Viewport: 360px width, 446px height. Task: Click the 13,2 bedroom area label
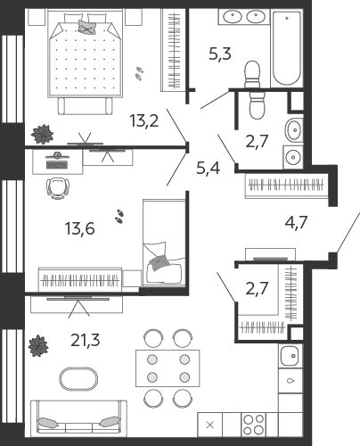click(x=144, y=121)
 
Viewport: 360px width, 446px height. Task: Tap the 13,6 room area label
click(x=79, y=228)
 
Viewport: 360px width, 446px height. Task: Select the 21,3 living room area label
click(x=86, y=340)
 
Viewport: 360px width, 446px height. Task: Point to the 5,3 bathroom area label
click(x=220, y=54)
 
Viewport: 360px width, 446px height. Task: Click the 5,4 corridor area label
click(x=209, y=169)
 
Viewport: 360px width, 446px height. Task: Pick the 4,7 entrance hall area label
click(x=296, y=222)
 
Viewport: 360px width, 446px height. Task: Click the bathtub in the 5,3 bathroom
click(x=287, y=48)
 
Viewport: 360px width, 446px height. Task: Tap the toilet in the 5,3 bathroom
click(x=252, y=74)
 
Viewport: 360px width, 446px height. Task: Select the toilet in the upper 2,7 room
click(x=257, y=105)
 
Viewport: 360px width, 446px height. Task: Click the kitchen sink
click(x=290, y=355)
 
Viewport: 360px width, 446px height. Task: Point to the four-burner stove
click(x=253, y=425)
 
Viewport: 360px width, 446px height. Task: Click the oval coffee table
click(x=78, y=379)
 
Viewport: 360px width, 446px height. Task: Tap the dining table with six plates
click(x=168, y=368)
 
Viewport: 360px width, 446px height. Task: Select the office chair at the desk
click(x=58, y=188)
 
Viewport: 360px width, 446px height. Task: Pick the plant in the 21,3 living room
click(x=38, y=346)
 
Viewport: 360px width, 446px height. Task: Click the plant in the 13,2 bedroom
click(x=43, y=135)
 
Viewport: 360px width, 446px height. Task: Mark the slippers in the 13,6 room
click(x=119, y=216)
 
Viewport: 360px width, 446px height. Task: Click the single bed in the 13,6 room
click(x=164, y=243)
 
